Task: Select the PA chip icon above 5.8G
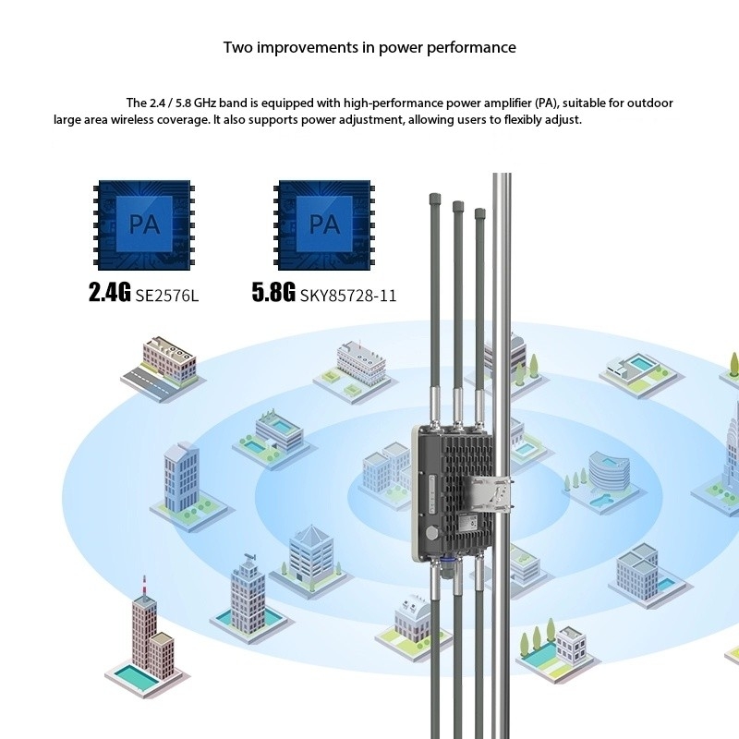tap(323, 225)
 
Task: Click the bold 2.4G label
tap(110, 294)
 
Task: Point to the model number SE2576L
tap(167, 295)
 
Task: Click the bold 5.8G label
tap(273, 294)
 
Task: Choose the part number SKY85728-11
tap(348, 295)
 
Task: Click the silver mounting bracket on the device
tap(489, 499)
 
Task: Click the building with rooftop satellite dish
tap(248, 582)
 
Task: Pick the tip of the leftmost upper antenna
tap(434, 198)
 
